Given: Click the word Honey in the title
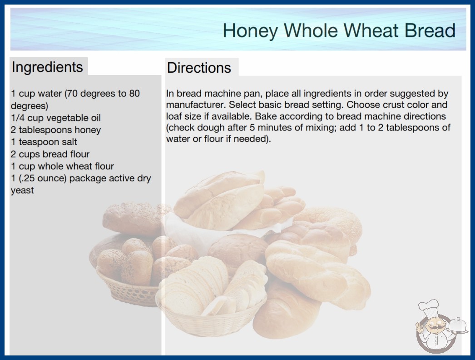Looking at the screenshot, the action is [x=250, y=31].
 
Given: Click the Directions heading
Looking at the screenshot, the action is [x=199, y=68].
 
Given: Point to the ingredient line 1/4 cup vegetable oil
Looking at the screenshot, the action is [x=56, y=118].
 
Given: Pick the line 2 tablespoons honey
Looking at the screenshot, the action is [x=56, y=130].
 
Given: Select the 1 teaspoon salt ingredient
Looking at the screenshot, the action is [x=44, y=142].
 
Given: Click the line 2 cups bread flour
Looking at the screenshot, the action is [x=50, y=154].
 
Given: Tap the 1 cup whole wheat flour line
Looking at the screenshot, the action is [x=62, y=166].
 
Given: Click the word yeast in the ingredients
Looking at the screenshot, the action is [x=22, y=190].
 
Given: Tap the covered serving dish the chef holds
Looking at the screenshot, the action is [x=457, y=326].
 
